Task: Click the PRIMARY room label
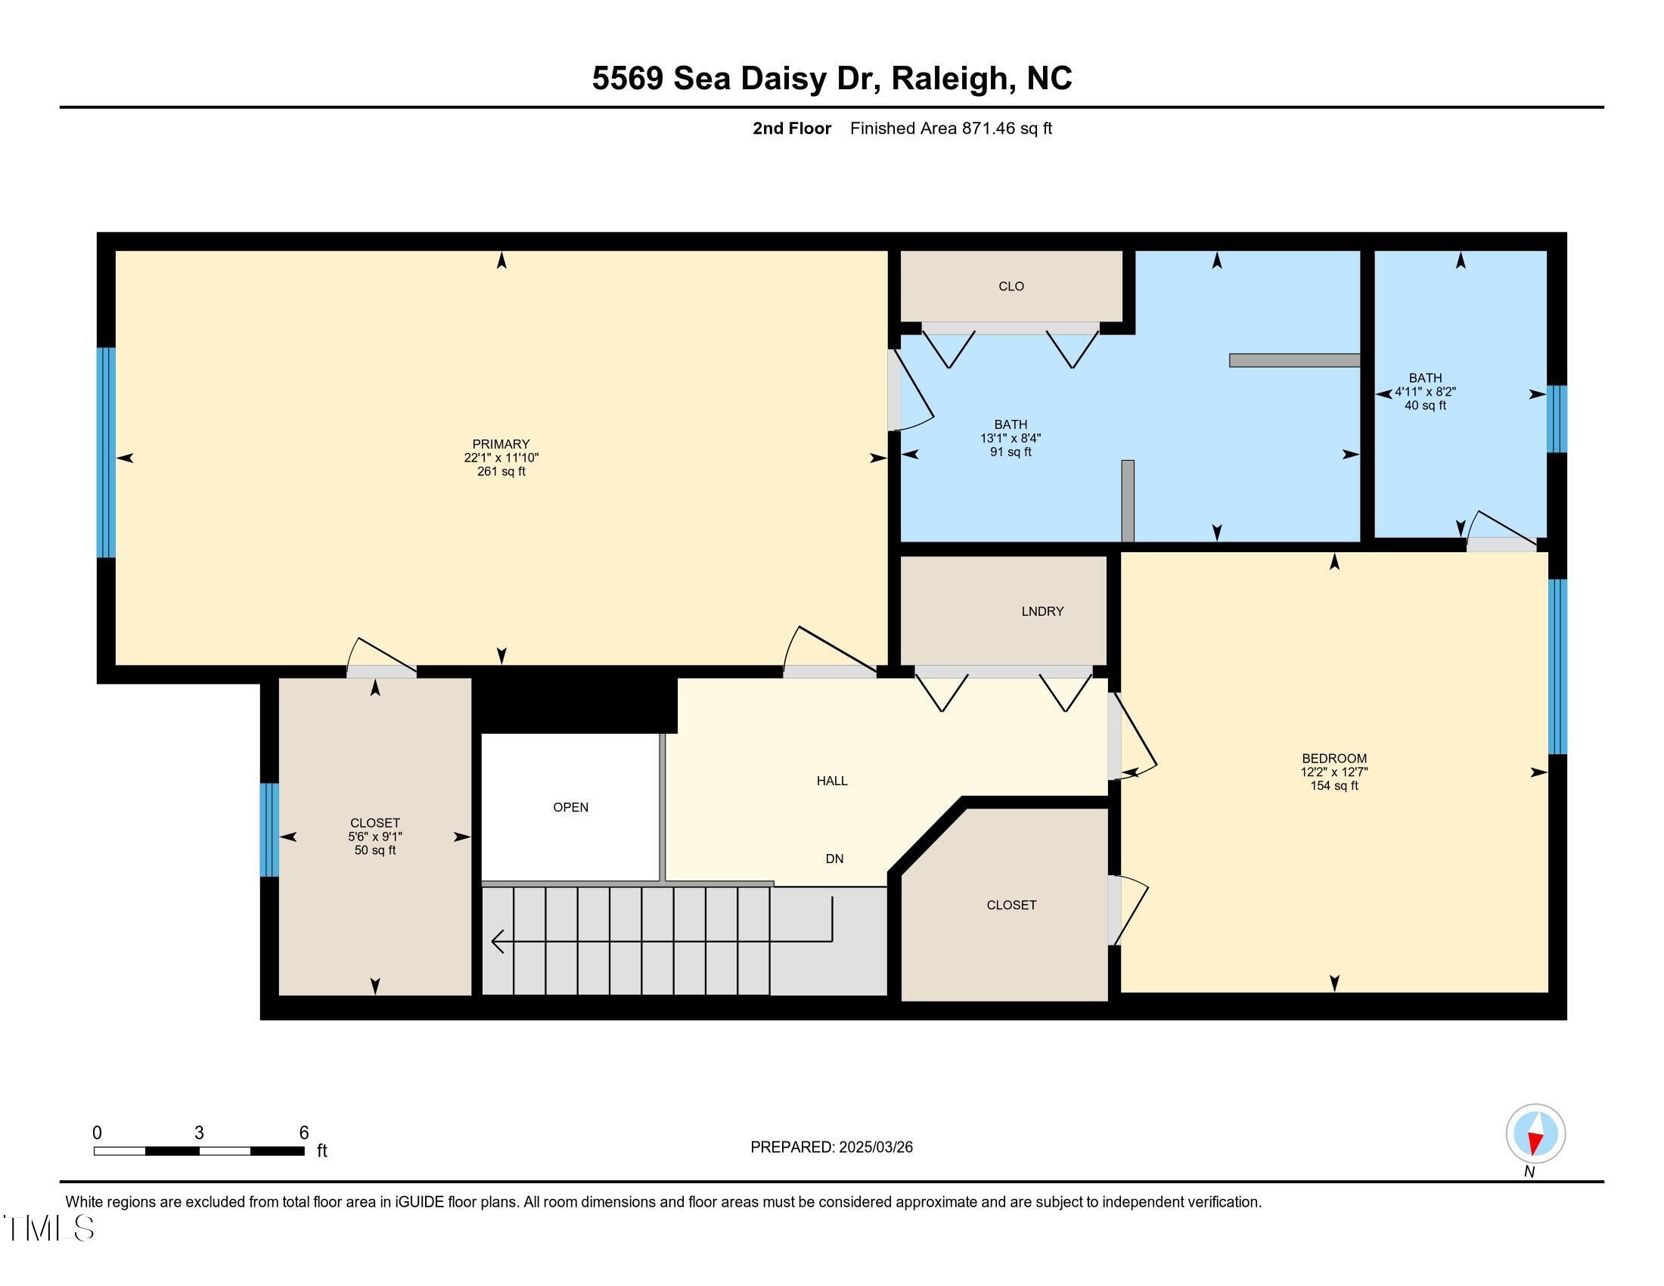tap(501, 444)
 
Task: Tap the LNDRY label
tap(1042, 611)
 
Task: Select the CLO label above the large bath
tap(1011, 287)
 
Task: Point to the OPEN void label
tap(570, 808)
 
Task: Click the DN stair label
tap(834, 859)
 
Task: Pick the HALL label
tap(832, 781)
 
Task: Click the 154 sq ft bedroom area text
tap(1334, 785)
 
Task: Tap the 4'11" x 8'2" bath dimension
tap(1425, 392)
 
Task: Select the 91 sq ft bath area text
tap(1011, 452)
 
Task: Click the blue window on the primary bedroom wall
tap(106, 452)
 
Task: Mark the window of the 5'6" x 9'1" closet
tap(269, 830)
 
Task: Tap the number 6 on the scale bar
tap(303, 1133)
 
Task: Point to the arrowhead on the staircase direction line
tap(498, 942)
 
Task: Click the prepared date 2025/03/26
tap(874, 1148)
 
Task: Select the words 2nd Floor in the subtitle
tap(792, 129)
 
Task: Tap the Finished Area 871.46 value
tap(989, 129)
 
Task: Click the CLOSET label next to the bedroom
tap(1011, 905)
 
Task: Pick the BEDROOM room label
tap(1334, 758)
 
